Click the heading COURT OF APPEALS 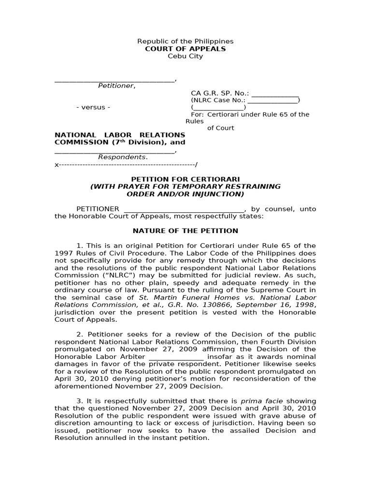coord(185,49)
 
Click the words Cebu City coord(185,56)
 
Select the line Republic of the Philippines coord(185,41)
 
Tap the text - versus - coord(93,107)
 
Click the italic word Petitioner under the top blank coord(116,86)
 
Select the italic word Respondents coord(122,157)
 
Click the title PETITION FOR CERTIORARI coord(185,179)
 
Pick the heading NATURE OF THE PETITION coord(185,231)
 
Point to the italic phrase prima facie coord(258,401)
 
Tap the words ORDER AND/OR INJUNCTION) coord(185,194)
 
